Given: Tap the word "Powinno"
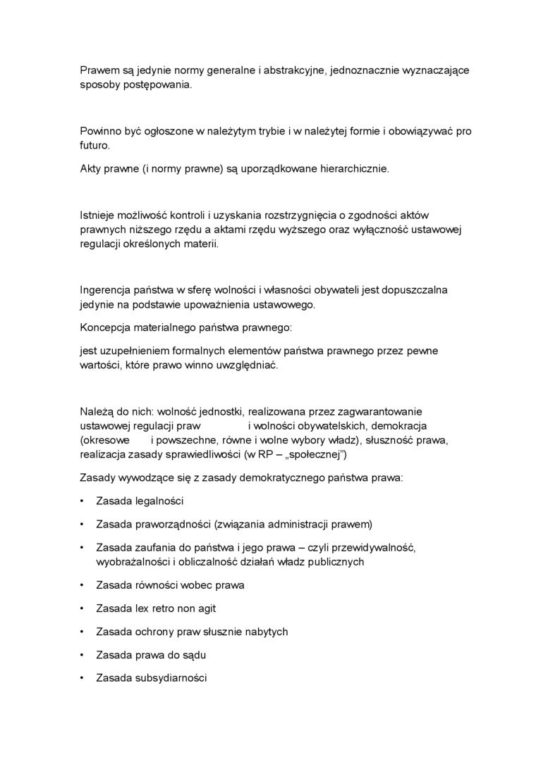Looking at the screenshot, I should click(x=101, y=132).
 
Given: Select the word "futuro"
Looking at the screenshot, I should click(x=94, y=146).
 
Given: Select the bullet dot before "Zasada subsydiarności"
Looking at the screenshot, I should click(x=83, y=678).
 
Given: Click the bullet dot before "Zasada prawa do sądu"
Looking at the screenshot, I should click(x=83, y=655).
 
